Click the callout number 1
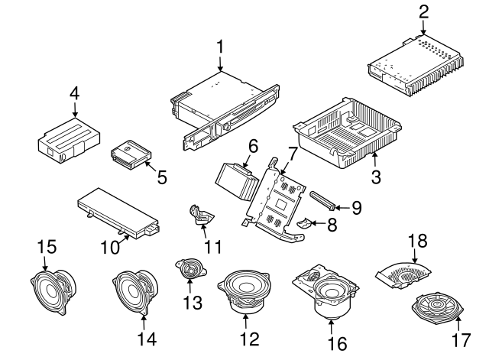tap(220, 47)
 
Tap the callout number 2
tap(424, 11)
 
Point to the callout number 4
tap(74, 93)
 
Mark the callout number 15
tap(47, 247)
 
